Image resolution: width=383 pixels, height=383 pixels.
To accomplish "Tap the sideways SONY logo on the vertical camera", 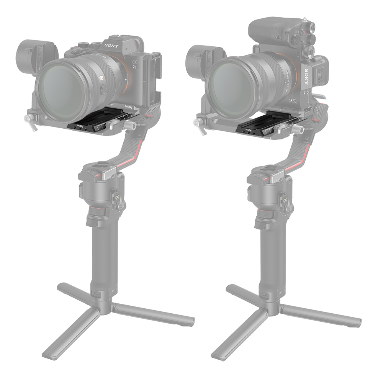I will click(x=306, y=77).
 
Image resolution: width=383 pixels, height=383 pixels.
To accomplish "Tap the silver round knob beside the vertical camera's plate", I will click(x=300, y=131).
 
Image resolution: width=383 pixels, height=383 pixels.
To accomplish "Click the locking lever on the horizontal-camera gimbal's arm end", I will click(x=30, y=123).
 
